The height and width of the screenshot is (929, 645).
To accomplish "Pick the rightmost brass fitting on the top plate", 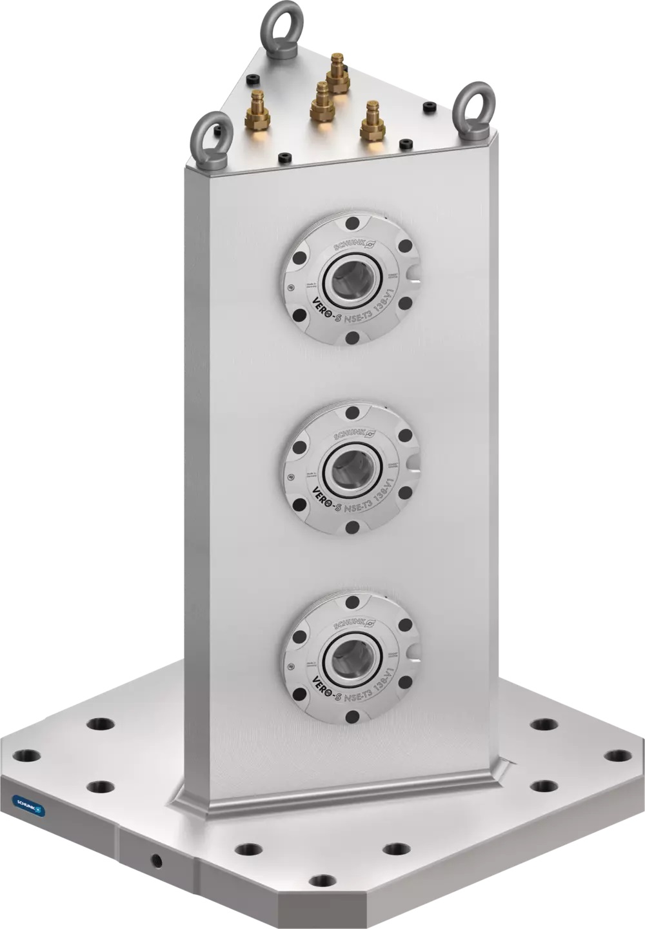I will (372, 122).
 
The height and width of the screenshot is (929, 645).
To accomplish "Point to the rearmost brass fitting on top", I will (337, 74).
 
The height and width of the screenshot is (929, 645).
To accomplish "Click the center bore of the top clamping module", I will (352, 279).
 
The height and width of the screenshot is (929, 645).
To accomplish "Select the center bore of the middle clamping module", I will (352, 466).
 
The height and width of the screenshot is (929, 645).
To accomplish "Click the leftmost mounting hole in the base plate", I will (26, 755).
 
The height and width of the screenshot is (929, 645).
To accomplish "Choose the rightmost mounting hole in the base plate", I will (618, 755).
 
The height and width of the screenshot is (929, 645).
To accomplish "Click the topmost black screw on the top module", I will (352, 223).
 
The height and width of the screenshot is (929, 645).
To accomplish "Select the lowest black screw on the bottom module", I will (352, 717).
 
